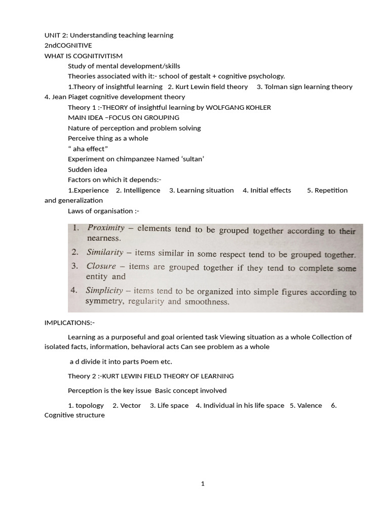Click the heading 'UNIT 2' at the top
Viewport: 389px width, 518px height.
(57, 35)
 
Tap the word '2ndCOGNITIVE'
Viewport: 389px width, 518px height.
(68, 46)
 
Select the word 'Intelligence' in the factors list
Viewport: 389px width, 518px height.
(140, 190)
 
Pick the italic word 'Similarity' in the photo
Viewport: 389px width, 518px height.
(105, 252)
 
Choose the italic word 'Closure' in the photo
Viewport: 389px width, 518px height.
(101, 266)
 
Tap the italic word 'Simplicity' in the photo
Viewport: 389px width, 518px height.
(104, 290)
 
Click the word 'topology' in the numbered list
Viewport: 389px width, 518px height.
(90, 405)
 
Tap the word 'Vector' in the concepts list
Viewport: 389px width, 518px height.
(131, 405)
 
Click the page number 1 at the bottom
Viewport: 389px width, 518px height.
(203, 484)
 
